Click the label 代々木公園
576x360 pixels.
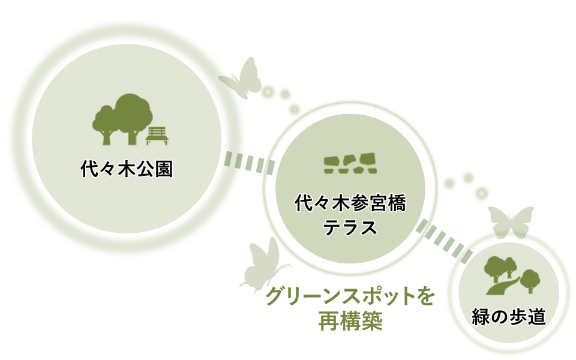point(126,169)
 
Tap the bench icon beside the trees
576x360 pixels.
point(158,136)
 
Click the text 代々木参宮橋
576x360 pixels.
point(350,204)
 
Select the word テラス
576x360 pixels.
point(350,228)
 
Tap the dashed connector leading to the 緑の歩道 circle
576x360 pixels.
point(445,241)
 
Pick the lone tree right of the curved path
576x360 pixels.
point(529,280)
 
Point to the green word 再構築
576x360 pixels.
point(350,322)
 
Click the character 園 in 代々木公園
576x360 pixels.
point(163,169)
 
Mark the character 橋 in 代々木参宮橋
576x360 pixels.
point(396,204)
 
